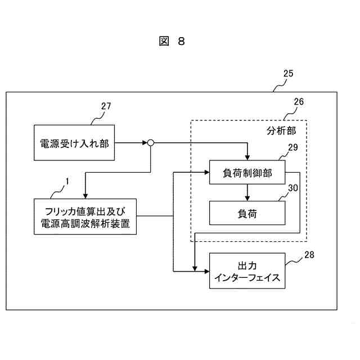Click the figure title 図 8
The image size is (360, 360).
tap(172, 42)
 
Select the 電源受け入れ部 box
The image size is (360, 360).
tap(74, 143)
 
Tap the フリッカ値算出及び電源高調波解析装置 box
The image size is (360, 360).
tap(84, 217)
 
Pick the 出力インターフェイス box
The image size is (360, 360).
tap(247, 271)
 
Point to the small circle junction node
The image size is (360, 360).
tap(151, 143)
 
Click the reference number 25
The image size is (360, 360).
tap(288, 74)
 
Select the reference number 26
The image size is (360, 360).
tap(299, 102)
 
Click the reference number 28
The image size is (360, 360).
tap(309, 254)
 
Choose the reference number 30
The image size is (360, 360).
tap(292, 188)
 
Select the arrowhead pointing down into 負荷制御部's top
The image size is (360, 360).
tap(247, 157)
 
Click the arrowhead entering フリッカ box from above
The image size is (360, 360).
tap(84, 195)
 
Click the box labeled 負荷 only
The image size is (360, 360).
tap(247, 213)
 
